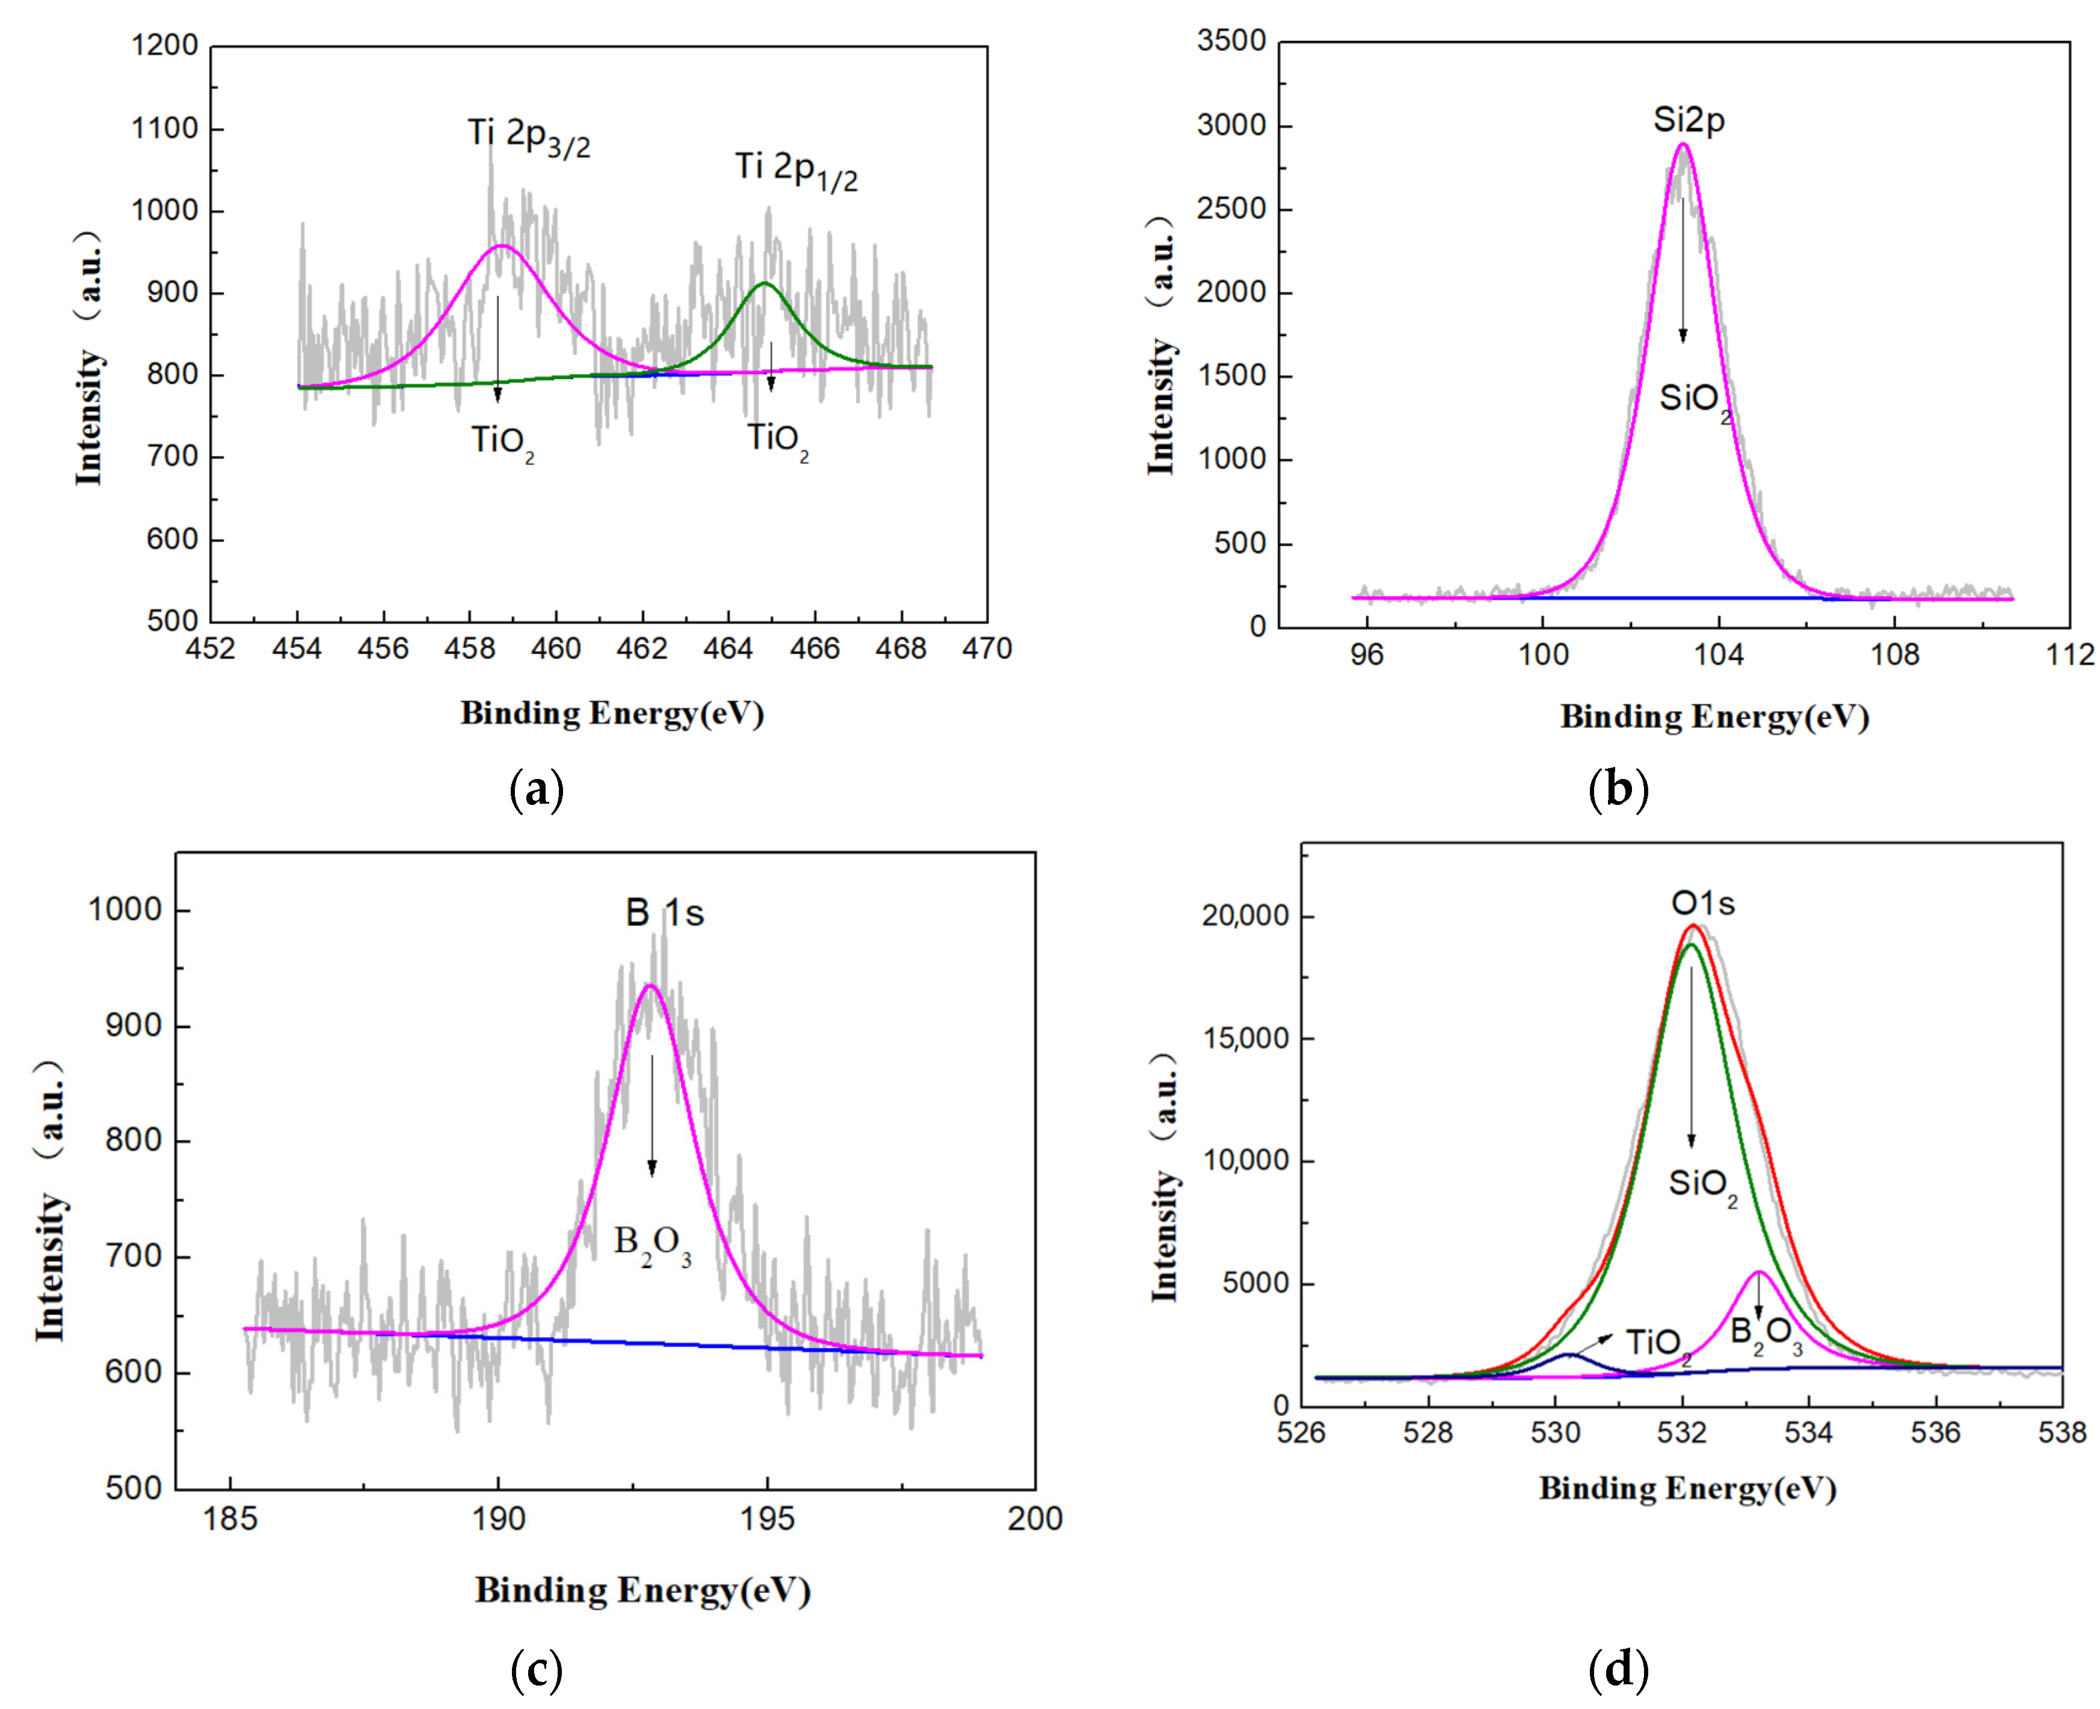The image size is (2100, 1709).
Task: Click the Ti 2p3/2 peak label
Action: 529,137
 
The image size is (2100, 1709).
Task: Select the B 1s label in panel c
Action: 665,914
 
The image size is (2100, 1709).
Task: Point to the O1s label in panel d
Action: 1702,904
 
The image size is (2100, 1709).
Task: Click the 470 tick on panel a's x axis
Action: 987,648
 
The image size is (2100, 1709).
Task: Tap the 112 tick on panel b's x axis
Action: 2069,654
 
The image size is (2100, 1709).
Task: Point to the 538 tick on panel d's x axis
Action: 2062,1432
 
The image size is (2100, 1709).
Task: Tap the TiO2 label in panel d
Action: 1658,1344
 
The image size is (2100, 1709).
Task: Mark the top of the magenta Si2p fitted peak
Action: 1683,145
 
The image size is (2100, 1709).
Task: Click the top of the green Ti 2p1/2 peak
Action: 764,283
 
